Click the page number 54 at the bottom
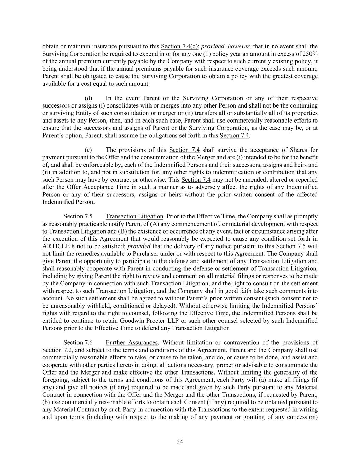point(180,442)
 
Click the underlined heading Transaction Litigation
point(134,216)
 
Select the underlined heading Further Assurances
point(132,343)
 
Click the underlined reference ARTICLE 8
point(58,246)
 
